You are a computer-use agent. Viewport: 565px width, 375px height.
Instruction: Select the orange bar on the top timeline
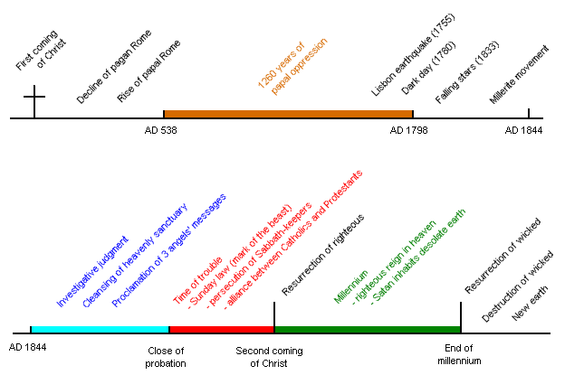point(287,114)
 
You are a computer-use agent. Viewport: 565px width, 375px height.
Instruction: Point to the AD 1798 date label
point(410,131)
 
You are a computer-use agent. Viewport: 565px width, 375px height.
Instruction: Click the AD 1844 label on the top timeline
point(525,131)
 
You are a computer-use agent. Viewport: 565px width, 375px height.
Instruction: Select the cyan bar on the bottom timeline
point(100,330)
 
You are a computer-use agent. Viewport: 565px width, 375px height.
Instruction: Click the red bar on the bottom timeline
point(221,330)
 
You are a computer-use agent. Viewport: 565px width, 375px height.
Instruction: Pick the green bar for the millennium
point(367,330)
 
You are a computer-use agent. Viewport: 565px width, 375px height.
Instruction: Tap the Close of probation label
point(167,357)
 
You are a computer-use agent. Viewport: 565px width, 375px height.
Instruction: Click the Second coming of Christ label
point(270,357)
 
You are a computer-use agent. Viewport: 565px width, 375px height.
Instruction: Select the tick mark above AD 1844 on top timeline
point(529,113)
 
